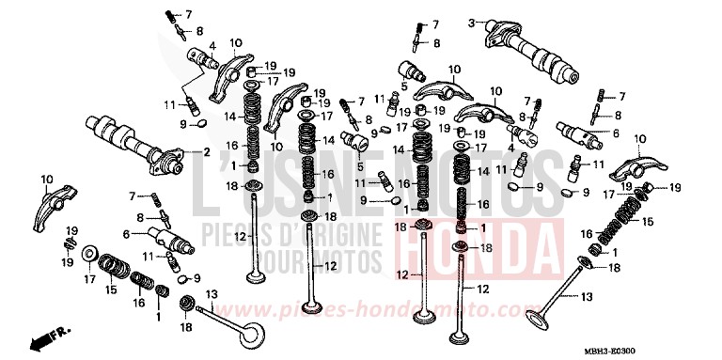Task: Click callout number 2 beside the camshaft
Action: (x=207, y=151)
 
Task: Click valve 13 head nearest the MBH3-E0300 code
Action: (x=537, y=320)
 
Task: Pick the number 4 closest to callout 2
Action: (x=213, y=45)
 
